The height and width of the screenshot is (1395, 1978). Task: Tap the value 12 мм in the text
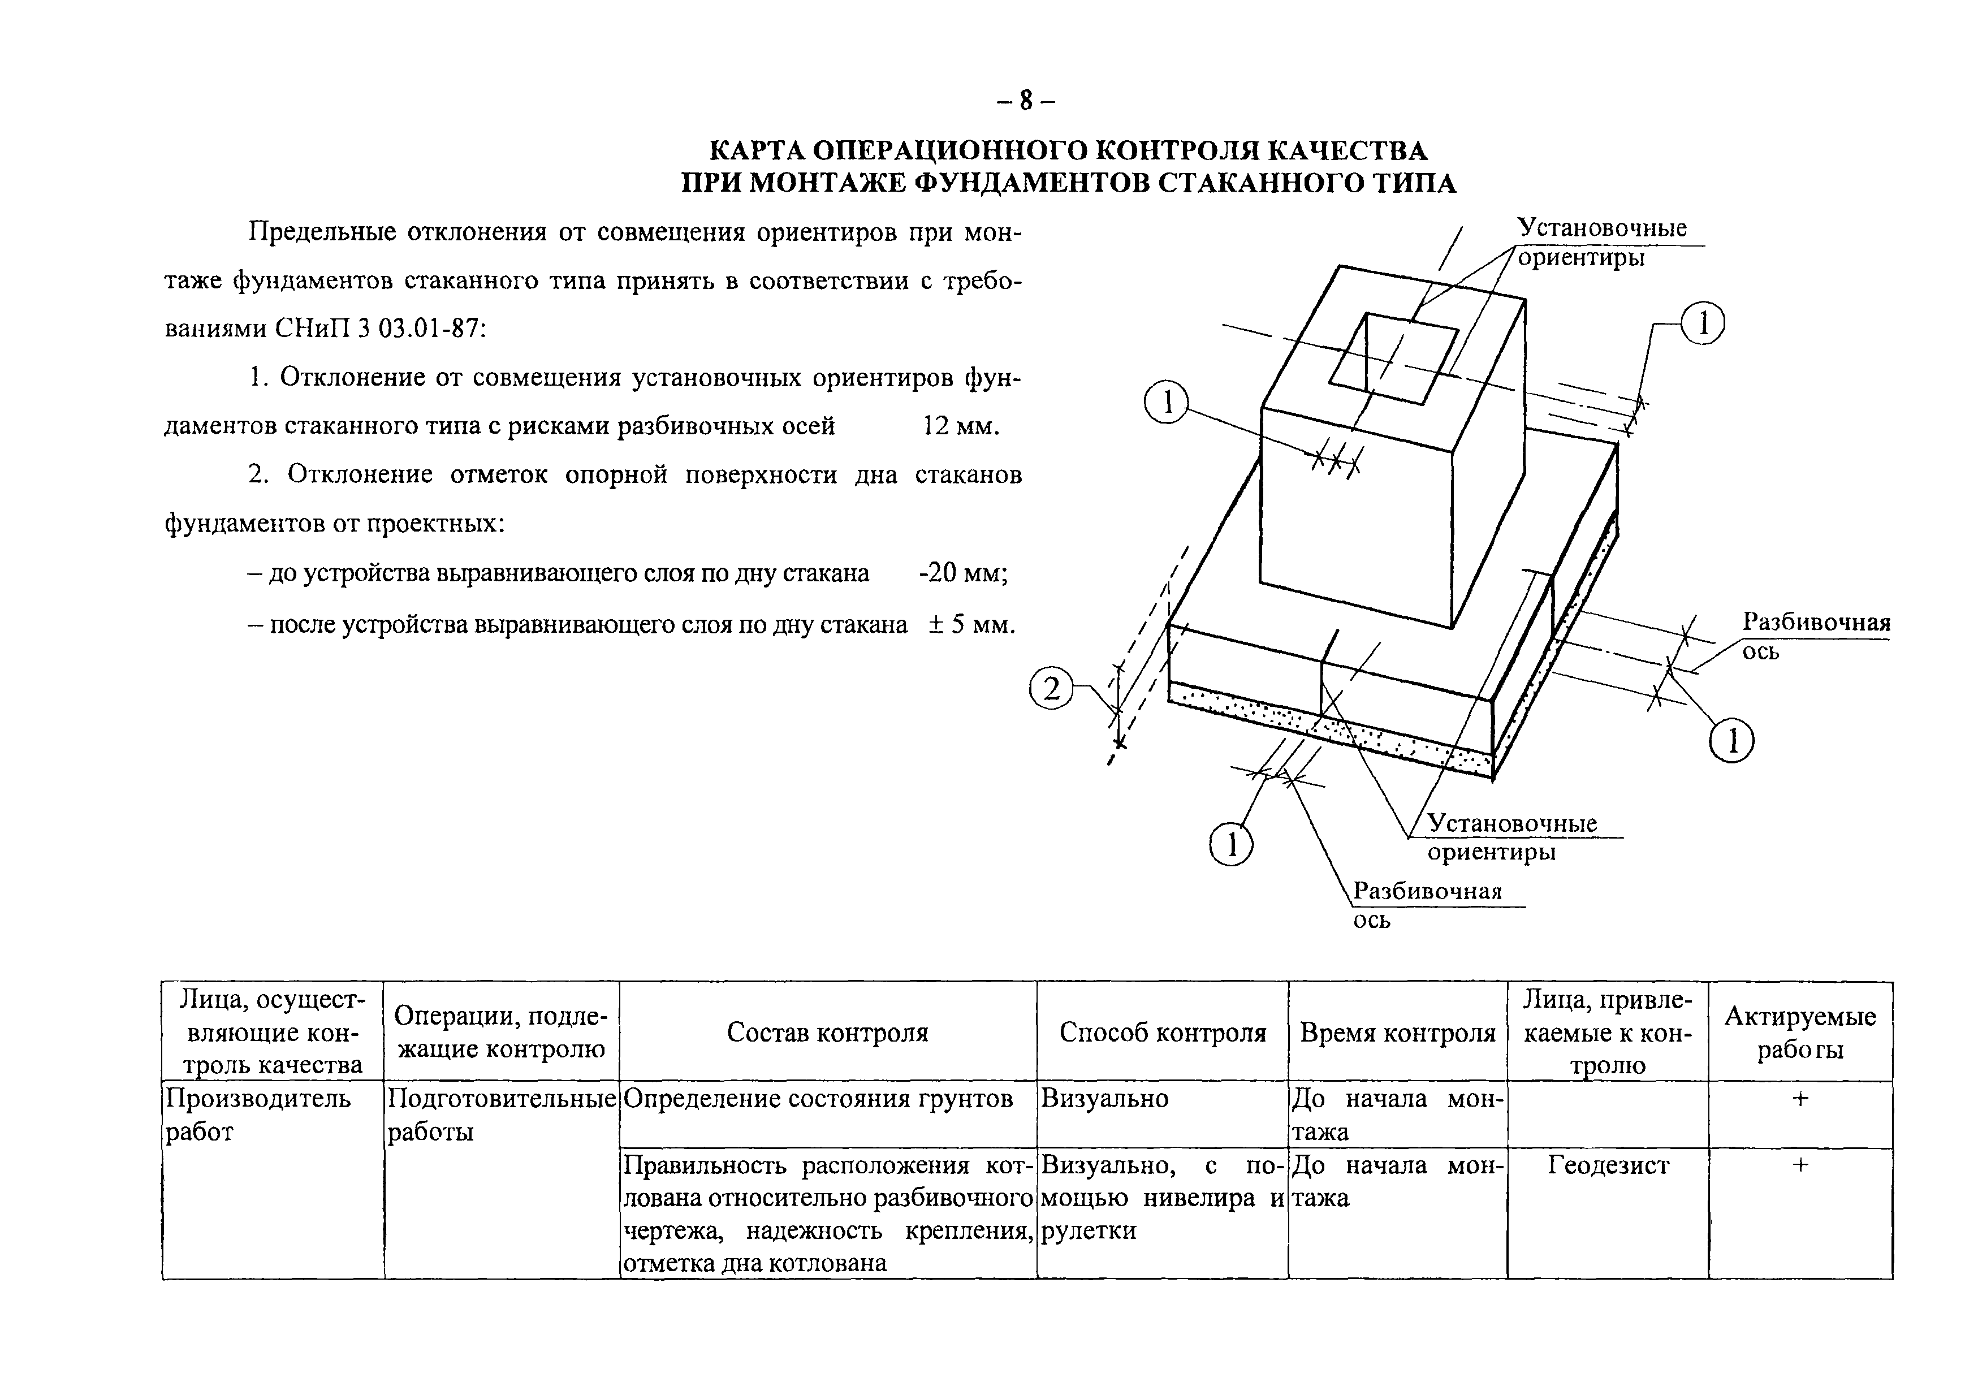coord(960,426)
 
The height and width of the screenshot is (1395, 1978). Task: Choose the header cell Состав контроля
coord(827,1032)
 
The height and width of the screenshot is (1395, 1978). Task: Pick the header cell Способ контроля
coord(1162,1032)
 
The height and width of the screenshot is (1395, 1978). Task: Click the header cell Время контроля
coord(1397,1032)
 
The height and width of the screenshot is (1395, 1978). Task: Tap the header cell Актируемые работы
coord(1800,1032)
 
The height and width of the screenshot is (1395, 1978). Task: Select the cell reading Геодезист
coord(1608,1165)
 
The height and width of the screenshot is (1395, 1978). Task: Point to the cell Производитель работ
coord(258,1114)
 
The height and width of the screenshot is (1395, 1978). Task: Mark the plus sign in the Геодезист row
coord(1800,1165)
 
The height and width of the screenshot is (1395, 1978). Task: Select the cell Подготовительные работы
coord(502,1114)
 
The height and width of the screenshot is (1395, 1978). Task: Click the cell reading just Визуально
coord(1104,1099)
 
